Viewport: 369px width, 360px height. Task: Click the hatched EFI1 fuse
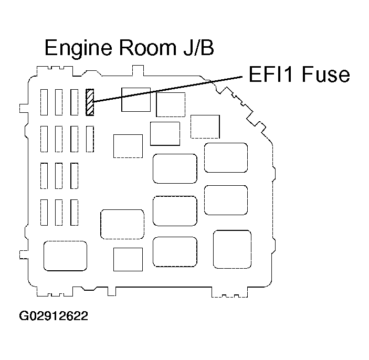click(90, 101)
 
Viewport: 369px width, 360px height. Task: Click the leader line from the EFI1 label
click(168, 88)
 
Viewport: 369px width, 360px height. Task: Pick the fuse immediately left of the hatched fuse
click(74, 101)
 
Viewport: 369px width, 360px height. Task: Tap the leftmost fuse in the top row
click(45, 101)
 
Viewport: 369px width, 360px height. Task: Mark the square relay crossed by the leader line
click(136, 100)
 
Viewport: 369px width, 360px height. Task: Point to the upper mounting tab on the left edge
click(23, 107)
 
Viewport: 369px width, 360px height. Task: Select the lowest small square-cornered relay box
click(128, 259)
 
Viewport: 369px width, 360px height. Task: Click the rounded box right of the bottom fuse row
click(122, 224)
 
